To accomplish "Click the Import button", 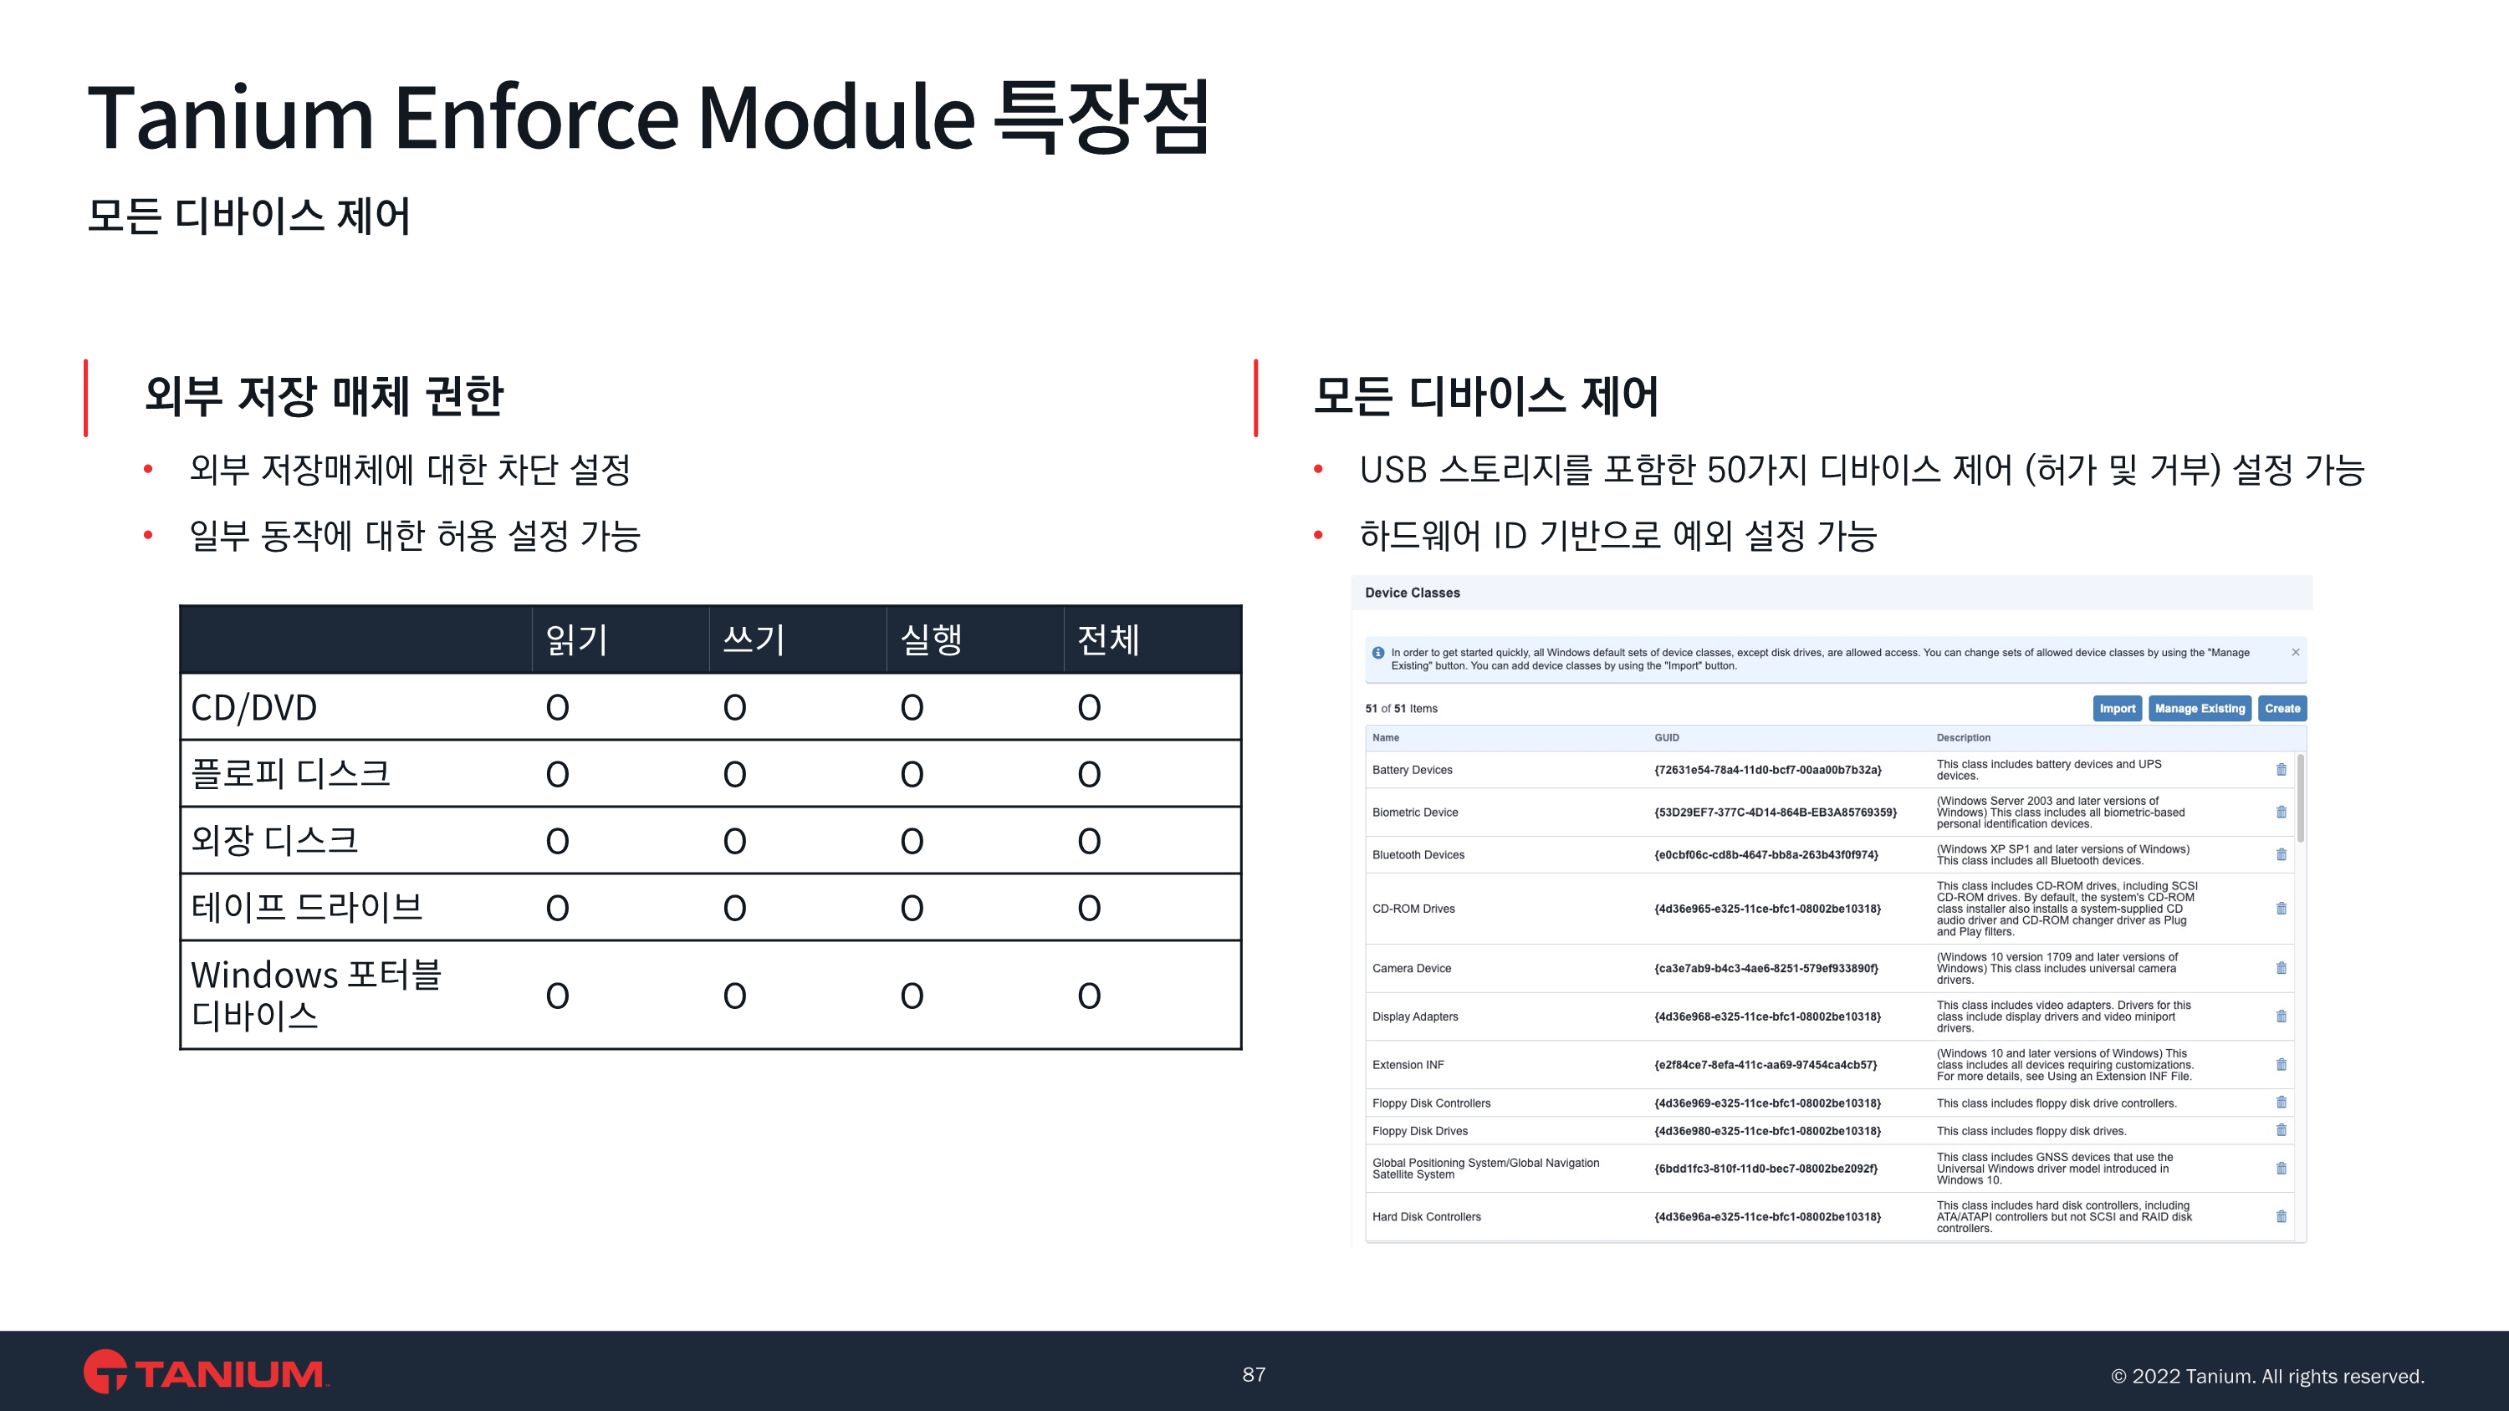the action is (2117, 708).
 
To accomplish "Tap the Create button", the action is (2282, 708).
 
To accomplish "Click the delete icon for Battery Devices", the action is (2281, 769).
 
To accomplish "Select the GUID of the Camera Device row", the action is (1765, 968).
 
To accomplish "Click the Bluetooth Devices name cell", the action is (1418, 855).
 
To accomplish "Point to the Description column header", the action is (1963, 737).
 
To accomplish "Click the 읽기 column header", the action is (576, 639).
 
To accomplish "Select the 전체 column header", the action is (1108, 639).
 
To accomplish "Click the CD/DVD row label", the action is (254, 707).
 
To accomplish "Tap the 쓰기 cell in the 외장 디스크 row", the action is (734, 840).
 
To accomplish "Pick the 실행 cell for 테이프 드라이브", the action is (912, 908).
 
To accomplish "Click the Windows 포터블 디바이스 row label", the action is (316, 994).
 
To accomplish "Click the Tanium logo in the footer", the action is (206, 1372).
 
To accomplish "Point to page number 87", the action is (1254, 1374).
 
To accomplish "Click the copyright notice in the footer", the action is (2267, 1376).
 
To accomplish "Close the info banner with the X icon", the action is (2296, 653).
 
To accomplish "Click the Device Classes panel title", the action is (1413, 592).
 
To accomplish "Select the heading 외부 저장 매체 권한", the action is (324, 395).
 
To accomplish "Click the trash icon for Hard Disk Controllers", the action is (2281, 1216).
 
